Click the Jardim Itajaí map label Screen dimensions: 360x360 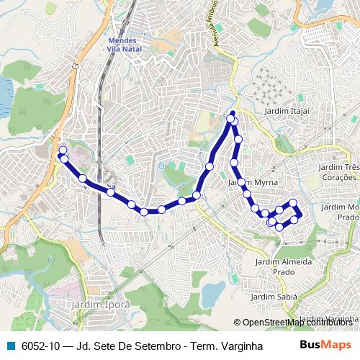[x=286, y=110]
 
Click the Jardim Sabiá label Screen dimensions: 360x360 [x=269, y=297]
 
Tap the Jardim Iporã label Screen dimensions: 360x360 [x=101, y=305]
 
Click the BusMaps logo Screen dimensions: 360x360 [x=325, y=345]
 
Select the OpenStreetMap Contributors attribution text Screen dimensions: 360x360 [x=296, y=323]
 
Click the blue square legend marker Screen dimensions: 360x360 [x=9, y=346]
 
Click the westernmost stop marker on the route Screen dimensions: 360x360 [x=63, y=150]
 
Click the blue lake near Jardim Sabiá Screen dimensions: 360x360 [x=214, y=292]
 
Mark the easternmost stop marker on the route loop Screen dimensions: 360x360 [x=297, y=213]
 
